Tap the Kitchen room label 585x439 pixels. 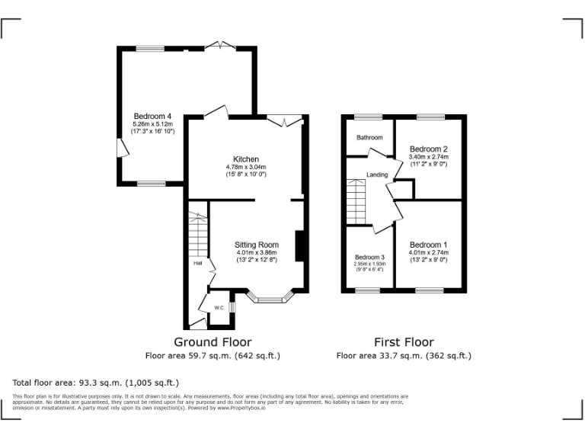pyautogui.click(x=245, y=159)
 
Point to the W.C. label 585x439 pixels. pyautogui.click(x=219, y=308)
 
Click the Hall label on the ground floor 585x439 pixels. pyautogui.click(x=197, y=263)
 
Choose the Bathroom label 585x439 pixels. pyautogui.click(x=369, y=137)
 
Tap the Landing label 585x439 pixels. pyautogui.click(x=377, y=175)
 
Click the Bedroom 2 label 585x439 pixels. pyautogui.click(x=428, y=149)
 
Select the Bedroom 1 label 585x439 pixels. pyautogui.click(x=428, y=245)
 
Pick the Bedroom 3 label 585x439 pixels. pyautogui.click(x=369, y=258)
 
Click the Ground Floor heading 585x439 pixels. pyautogui.click(x=213, y=342)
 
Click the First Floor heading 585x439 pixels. pyautogui.click(x=404, y=342)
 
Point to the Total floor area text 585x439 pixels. pyautogui.click(x=96, y=383)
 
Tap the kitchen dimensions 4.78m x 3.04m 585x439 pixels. pyautogui.click(x=245, y=167)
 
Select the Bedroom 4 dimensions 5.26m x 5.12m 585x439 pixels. pyautogui.click(x=152, y=123)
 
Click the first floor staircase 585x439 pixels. pyautogui.click(x=356, y=201)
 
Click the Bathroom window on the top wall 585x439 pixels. pyautogui.click(x=369, y=117)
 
